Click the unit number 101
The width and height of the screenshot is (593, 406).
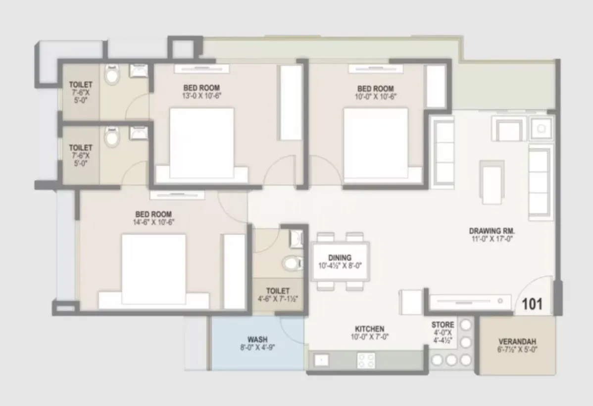[532, 304]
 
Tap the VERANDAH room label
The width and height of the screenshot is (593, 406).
[517, 341]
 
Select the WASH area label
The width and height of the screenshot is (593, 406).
[257, 339]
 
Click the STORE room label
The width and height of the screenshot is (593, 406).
[443, 325]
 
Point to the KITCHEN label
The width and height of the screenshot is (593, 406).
[369, 329]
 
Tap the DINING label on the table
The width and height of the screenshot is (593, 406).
[340, 257]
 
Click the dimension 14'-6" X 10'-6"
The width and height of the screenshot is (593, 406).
[153, 222]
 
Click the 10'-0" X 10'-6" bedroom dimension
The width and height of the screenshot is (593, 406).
[375, 97]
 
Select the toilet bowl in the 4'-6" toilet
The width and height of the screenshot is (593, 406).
[291, 263]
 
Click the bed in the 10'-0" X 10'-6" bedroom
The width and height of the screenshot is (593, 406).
[376, 145]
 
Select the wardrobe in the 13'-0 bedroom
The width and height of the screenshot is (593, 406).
[291, 102]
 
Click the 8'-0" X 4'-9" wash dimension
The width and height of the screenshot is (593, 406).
[257, 348]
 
